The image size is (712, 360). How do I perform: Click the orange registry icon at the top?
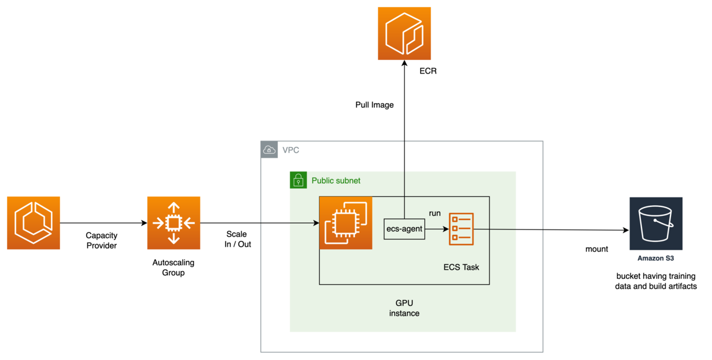pos(404,33)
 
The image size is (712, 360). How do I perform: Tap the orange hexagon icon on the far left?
pos(33,223)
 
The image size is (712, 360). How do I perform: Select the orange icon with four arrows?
pos(173,223)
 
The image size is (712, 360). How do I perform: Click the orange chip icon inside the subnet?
pos(346,223)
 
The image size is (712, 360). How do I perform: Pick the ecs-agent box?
pos(404,229)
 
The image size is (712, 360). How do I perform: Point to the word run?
pos(434,213)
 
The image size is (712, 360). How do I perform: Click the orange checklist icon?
pos(460,228)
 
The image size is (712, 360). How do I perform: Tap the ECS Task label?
pos(461,267)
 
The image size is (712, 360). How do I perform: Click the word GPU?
pos(404,302)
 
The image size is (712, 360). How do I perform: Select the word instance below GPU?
pos(404,313)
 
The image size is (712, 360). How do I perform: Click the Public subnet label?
pos(336,180)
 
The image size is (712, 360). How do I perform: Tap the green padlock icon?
pos(298,180)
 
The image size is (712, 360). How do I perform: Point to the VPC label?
pos(291,151)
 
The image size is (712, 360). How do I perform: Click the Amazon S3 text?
pos(656,258)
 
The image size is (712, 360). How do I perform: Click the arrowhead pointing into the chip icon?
pos(316,224)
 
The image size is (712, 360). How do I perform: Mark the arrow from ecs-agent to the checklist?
pos(437,229)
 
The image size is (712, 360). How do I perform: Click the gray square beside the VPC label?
pos(270,150)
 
